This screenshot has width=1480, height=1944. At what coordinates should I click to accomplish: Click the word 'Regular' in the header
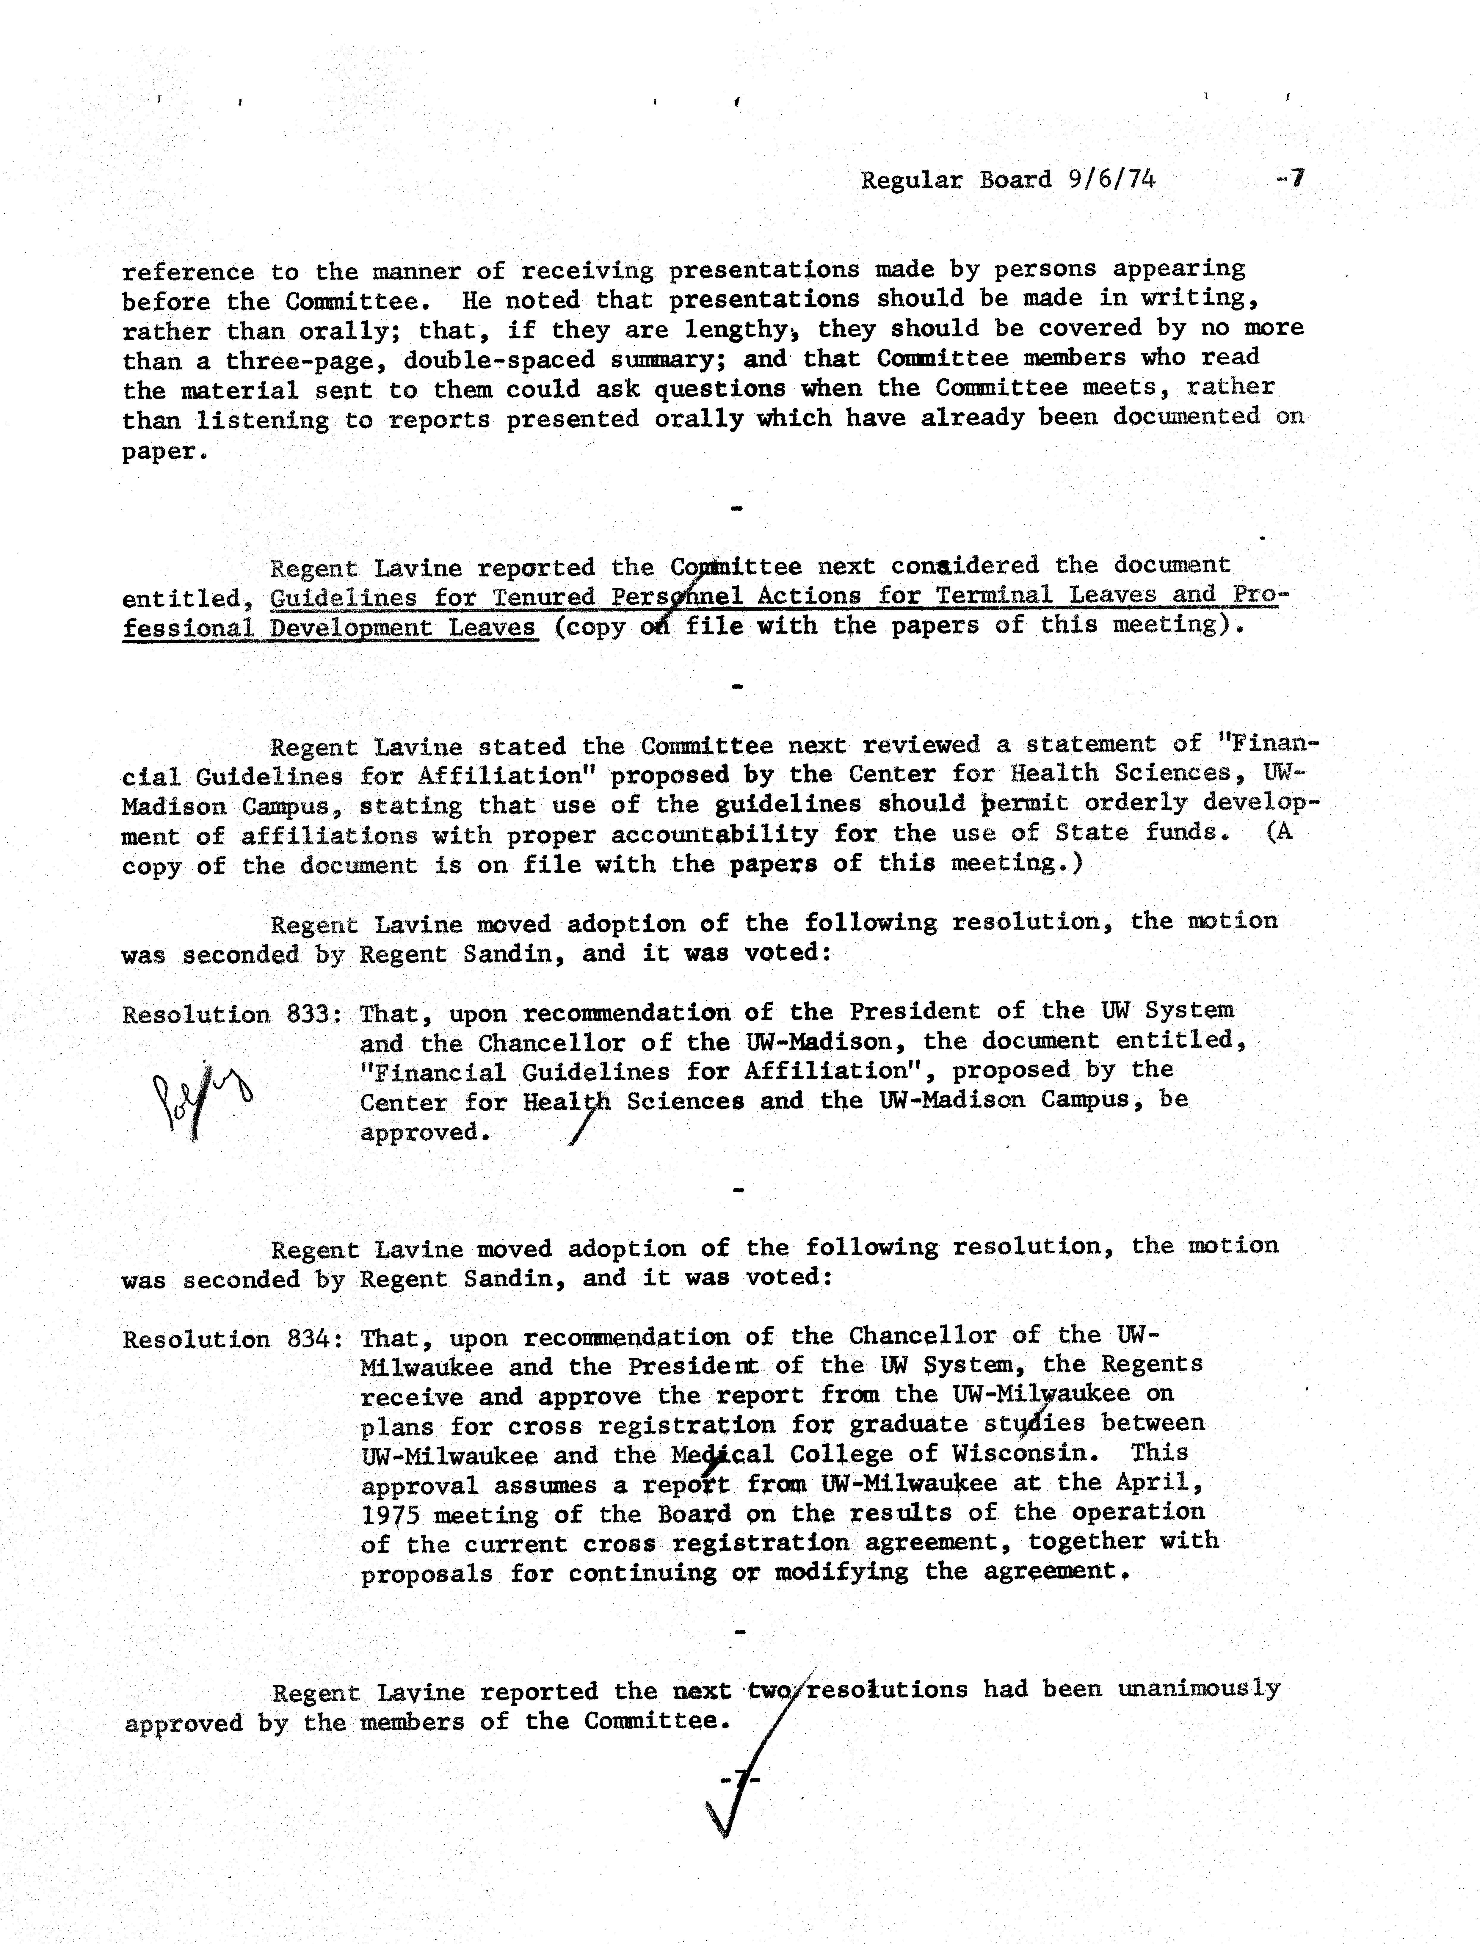[x=911, y=181]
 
